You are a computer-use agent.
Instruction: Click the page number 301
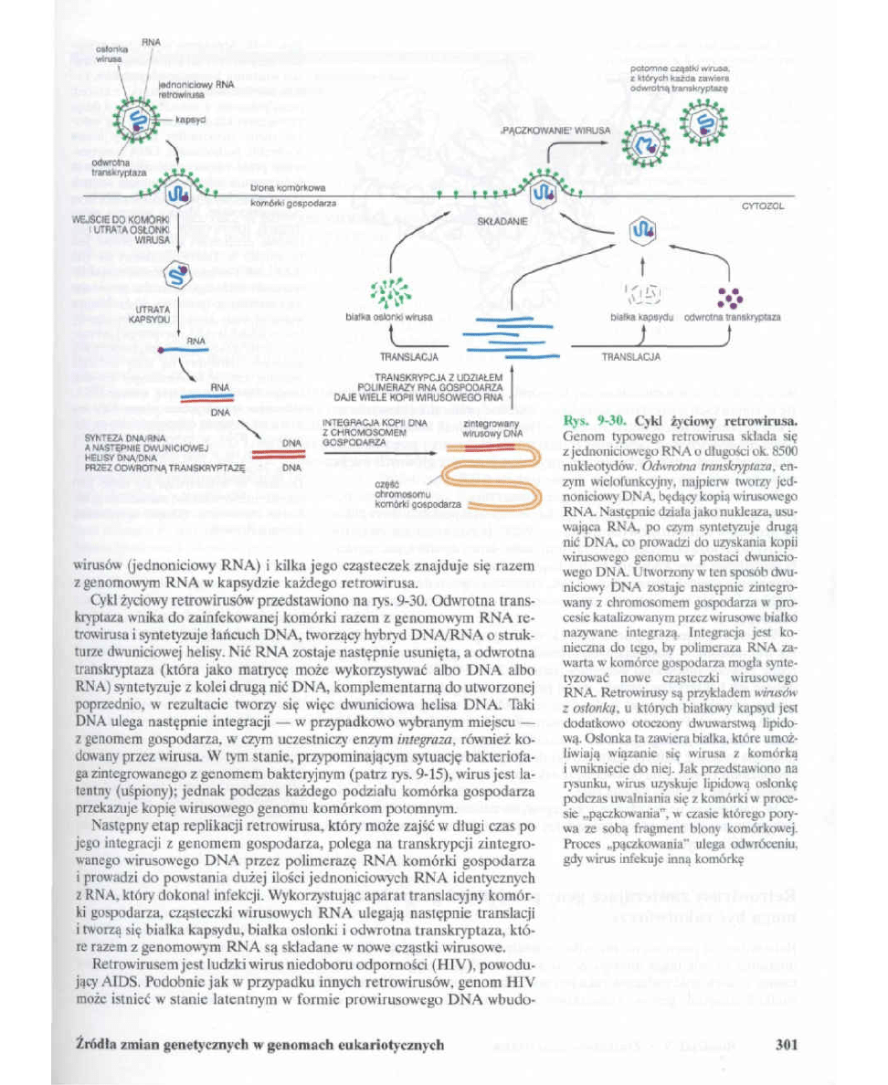[x=788, y=1045]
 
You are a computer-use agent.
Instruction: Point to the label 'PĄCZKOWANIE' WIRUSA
[x=542, y=132]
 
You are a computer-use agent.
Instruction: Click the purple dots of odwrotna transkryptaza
[x=728, y=298]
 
